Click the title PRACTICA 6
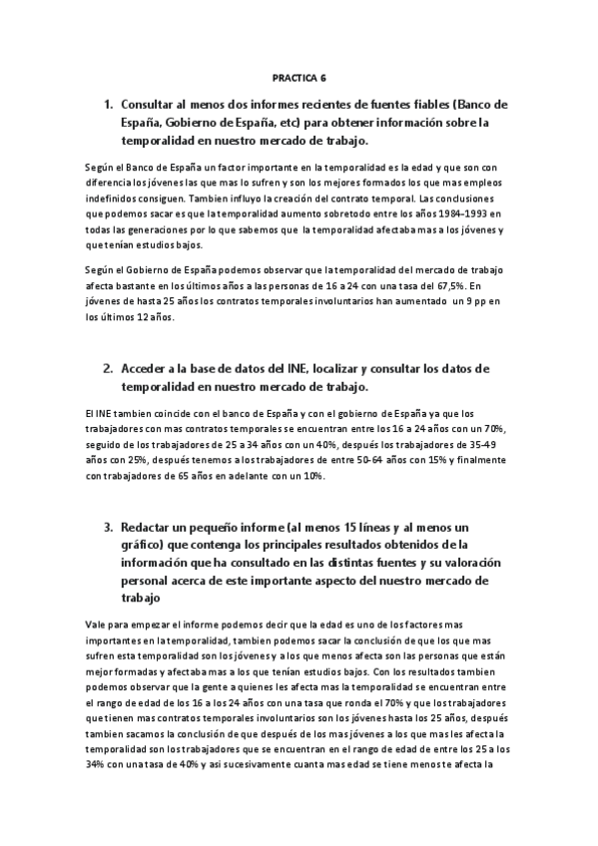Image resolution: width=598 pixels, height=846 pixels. [x=299, y=76]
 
